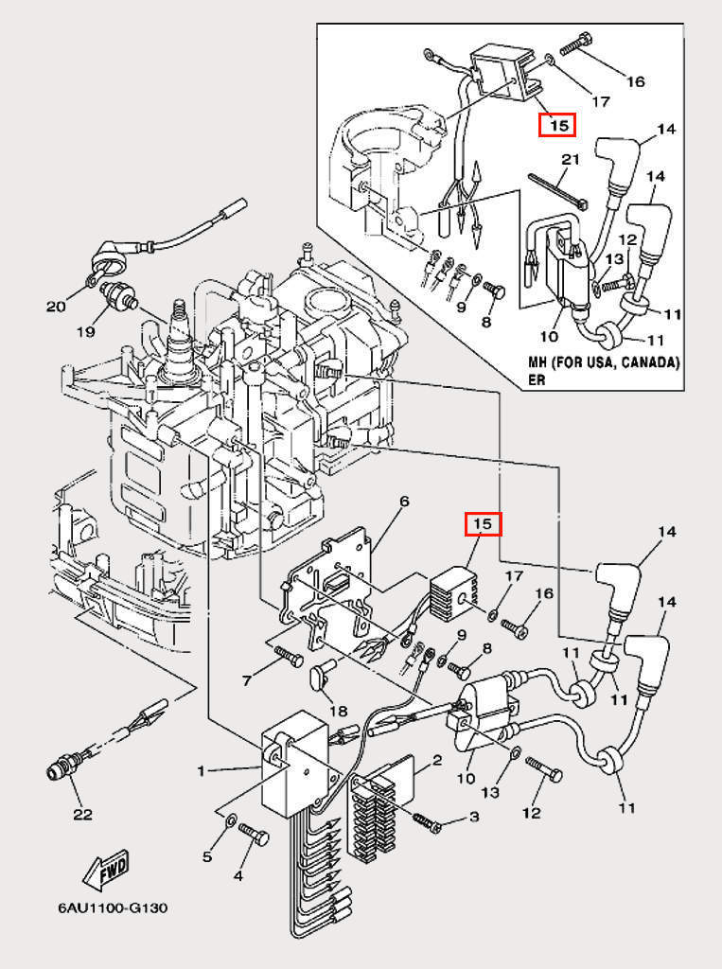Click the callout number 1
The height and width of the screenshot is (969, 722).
click(x=202, y=771)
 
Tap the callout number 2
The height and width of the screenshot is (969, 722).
click(x=437, y=760)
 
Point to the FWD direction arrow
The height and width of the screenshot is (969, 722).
click(x=105, y=872)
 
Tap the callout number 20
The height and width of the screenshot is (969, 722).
click(x=57, y=306)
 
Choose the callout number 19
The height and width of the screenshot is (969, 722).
click(x=86, y=332)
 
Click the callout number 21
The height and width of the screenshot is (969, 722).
click(x=569, y=160)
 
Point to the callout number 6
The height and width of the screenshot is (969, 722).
click(x=403, y=502)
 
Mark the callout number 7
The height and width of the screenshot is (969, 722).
click(x=247, y=680)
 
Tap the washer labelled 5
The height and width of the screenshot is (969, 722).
click(x=230, y=819)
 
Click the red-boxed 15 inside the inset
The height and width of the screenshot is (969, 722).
click(x=556, y=124)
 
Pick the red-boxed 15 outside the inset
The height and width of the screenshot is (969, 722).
click(x=483, y=523)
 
